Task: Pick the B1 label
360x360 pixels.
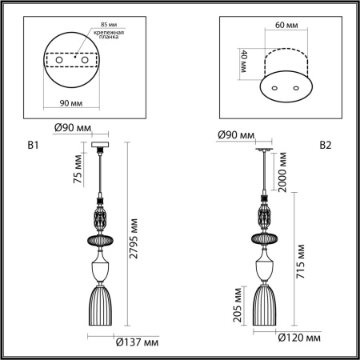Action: coord(33,146)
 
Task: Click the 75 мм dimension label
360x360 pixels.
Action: coord(77,172)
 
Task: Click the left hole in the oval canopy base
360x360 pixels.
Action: coord(274,86)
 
